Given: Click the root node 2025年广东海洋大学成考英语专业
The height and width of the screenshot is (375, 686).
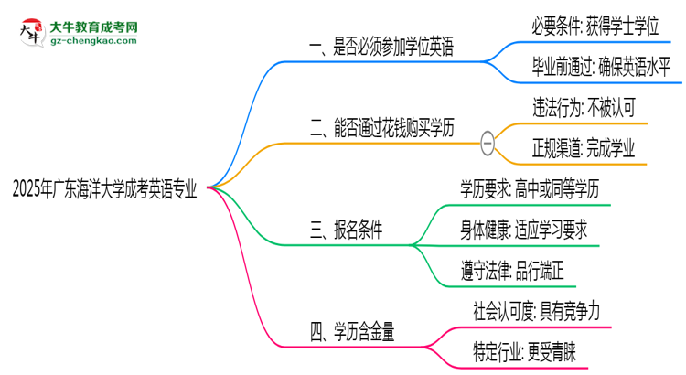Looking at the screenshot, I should [104, 188].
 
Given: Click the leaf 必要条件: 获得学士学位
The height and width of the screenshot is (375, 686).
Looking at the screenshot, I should [595, 27].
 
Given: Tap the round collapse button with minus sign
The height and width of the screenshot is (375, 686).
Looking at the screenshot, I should [488, 142].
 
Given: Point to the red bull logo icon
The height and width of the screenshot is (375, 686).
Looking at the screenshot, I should [29, 32].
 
